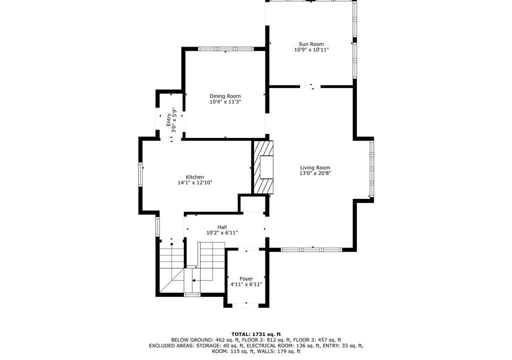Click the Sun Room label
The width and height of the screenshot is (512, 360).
pyautogui.click(x=311, y=44)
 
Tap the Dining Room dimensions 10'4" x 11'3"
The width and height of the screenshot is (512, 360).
pyautogui.click(x=225, y=102)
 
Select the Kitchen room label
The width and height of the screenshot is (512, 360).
pyautogui.click(x=195, y=177)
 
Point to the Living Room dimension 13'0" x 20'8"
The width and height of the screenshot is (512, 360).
pyautogui.click(x=315, y=173)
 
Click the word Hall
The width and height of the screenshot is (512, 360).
pyautogui.click(x=222, y=227)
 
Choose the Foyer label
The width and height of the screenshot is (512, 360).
pyautogui.click(x=246, y=278)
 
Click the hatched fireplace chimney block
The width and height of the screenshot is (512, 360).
pyautogui.click(x=263, y=167)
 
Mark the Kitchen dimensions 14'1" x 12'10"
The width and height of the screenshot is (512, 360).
pyautogui.click(x=195, y=182)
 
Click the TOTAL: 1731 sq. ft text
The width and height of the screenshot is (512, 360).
pyautogui.click(x=256, y=334)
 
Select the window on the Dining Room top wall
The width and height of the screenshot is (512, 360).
pyautogui.click(x=225, y=49)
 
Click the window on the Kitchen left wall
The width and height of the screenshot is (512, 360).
pyautogui.click(x=140, y=174)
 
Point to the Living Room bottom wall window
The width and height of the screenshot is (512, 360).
pyautogui.click(x=311, y=250)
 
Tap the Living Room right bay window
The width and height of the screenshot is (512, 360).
pyautogui.click(x=371, y=168)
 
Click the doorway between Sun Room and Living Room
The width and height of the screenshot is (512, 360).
pyautogui.click(x=310, y=86)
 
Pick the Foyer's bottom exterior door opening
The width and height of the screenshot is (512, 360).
pyautogui.click(x=246, y=305)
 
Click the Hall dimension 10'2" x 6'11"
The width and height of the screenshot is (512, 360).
pyautogui.click(x=222, y=233)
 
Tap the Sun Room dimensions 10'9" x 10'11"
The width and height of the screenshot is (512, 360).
pyautogui.click(x=311, y=49)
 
